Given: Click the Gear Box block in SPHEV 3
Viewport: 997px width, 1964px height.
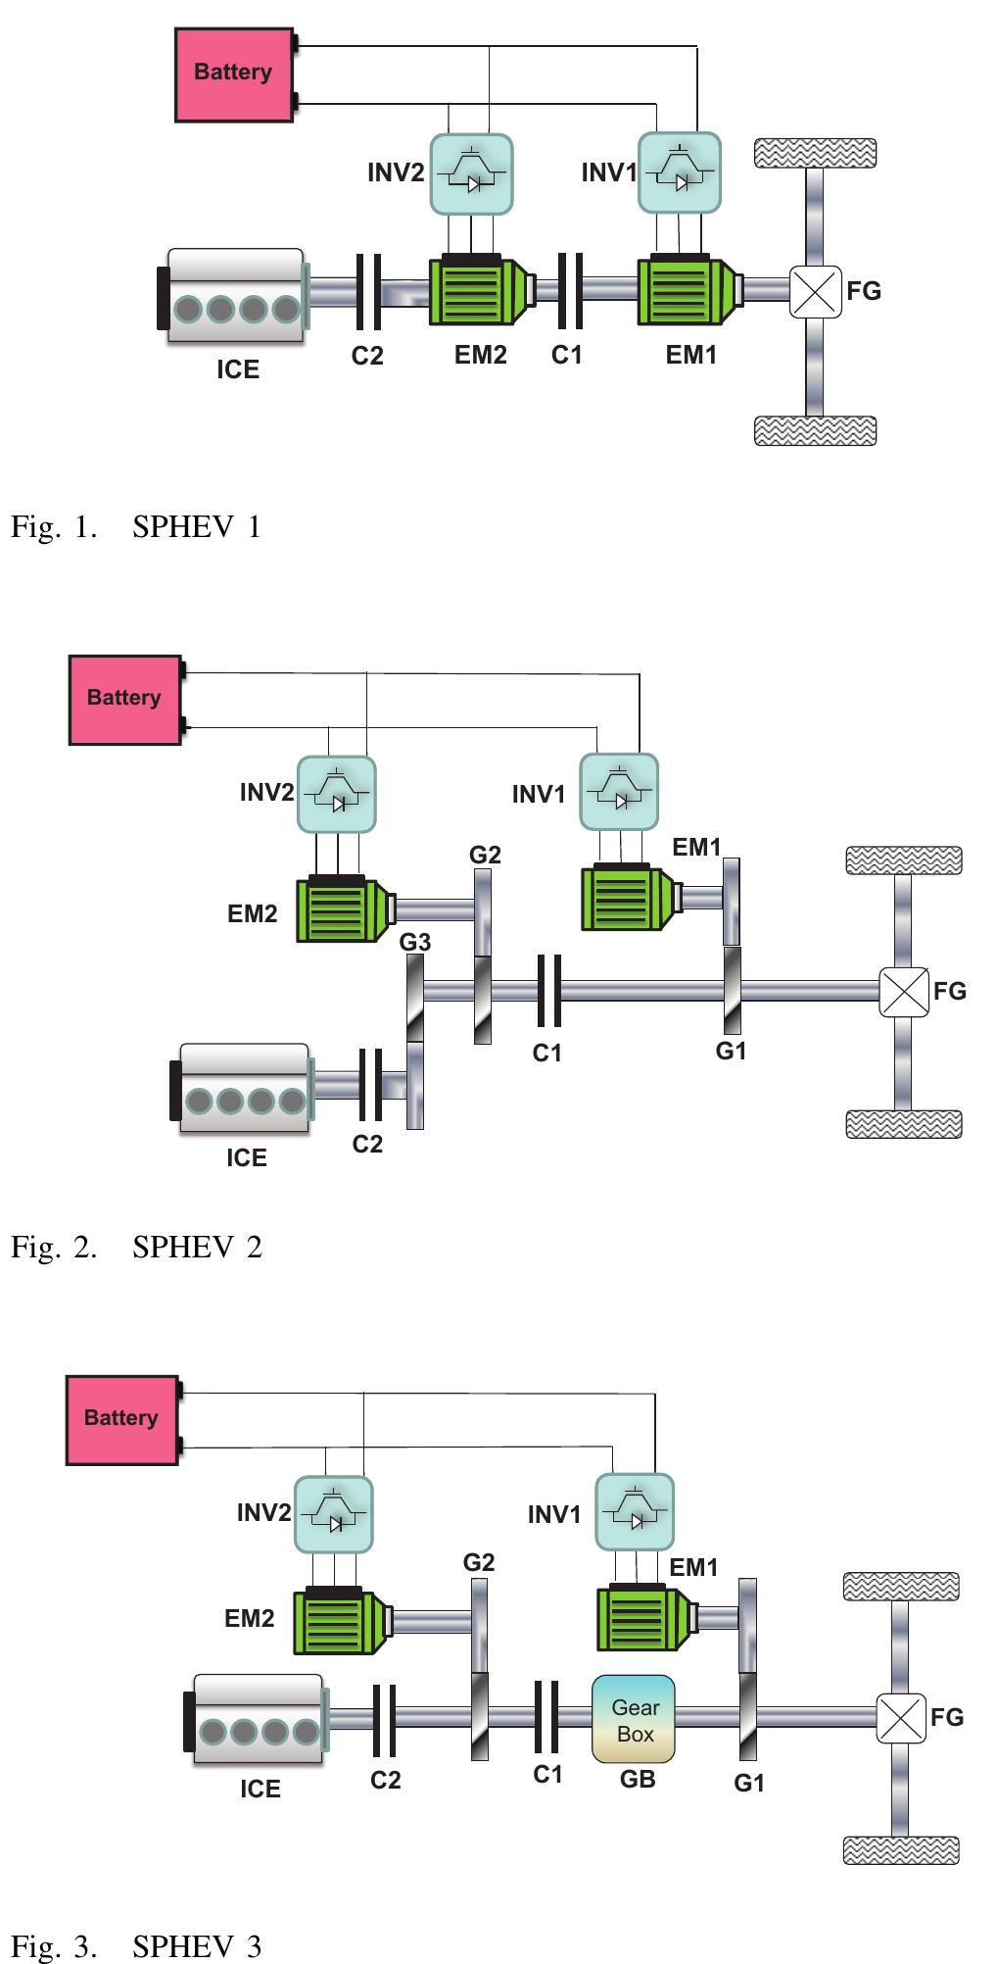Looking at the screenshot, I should tap(634, 1719).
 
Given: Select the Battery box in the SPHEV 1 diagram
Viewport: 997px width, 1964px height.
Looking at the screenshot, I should tap(234, 74).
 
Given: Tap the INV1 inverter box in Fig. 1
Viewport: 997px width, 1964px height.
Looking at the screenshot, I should tap(680, 173).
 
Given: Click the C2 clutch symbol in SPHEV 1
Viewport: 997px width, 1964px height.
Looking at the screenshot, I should tap(368, 291).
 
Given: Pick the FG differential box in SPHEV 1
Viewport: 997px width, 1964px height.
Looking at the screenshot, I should tap(815, 291).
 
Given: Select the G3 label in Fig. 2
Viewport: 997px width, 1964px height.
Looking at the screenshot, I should tap(415, 942).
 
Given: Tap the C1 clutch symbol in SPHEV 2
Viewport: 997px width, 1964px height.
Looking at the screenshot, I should tap(549, 990).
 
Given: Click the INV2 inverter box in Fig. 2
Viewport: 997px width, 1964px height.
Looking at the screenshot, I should tap(336, 794).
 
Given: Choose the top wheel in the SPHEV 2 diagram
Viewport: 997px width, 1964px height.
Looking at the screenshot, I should tap(903, 859).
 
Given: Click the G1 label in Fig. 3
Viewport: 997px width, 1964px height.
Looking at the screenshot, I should tap(749, 1783).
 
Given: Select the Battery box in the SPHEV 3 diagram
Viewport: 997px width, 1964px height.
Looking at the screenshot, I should tap(122, 1419).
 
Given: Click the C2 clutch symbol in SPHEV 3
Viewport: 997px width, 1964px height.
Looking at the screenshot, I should tap(384, 1719).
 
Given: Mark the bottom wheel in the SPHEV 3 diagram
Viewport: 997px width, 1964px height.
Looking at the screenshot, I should tap(900, 1850).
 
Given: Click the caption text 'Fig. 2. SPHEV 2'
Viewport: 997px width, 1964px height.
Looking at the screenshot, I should tap(137, 1247).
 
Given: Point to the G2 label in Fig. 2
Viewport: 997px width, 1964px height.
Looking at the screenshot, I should tap(485, 855).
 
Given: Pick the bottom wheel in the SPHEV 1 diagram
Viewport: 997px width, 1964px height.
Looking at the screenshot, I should tap(815, 430).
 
